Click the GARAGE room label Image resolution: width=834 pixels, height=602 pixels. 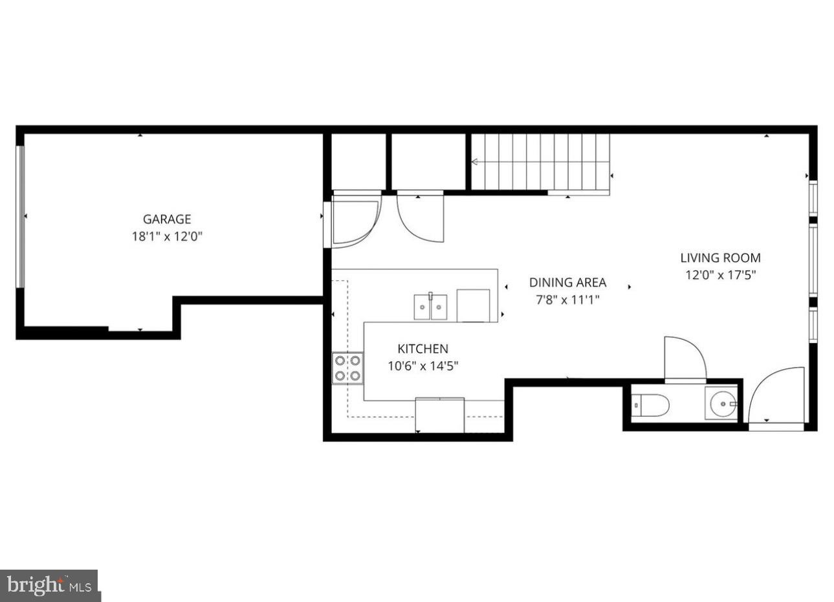click(167, 219)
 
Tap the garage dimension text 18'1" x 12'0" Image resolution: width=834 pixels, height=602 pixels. click(167, 236)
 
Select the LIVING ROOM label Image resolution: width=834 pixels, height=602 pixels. click(720, 258)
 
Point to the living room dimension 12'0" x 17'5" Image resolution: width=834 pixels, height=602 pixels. click(720, 275)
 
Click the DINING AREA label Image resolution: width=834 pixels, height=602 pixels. click(567, 282)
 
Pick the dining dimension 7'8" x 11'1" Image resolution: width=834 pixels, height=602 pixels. click(567, 300)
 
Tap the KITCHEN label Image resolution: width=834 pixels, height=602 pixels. click(423, 349)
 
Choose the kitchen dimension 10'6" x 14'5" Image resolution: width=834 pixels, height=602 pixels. click(423, 366)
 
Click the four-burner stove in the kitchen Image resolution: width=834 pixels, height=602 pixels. click(347, 368)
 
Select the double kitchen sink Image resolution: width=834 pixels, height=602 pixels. click(431, 307)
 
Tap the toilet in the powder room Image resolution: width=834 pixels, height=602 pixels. click(650, 405)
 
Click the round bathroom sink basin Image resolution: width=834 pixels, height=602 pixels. click(723, 403)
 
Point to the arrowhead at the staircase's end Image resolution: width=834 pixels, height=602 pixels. click(474, 162)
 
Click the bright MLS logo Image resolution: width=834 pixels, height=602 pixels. click(49, 585)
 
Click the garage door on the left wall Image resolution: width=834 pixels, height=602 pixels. click(21, 217)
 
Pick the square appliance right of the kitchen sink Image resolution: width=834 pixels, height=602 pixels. click(473, 306)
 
